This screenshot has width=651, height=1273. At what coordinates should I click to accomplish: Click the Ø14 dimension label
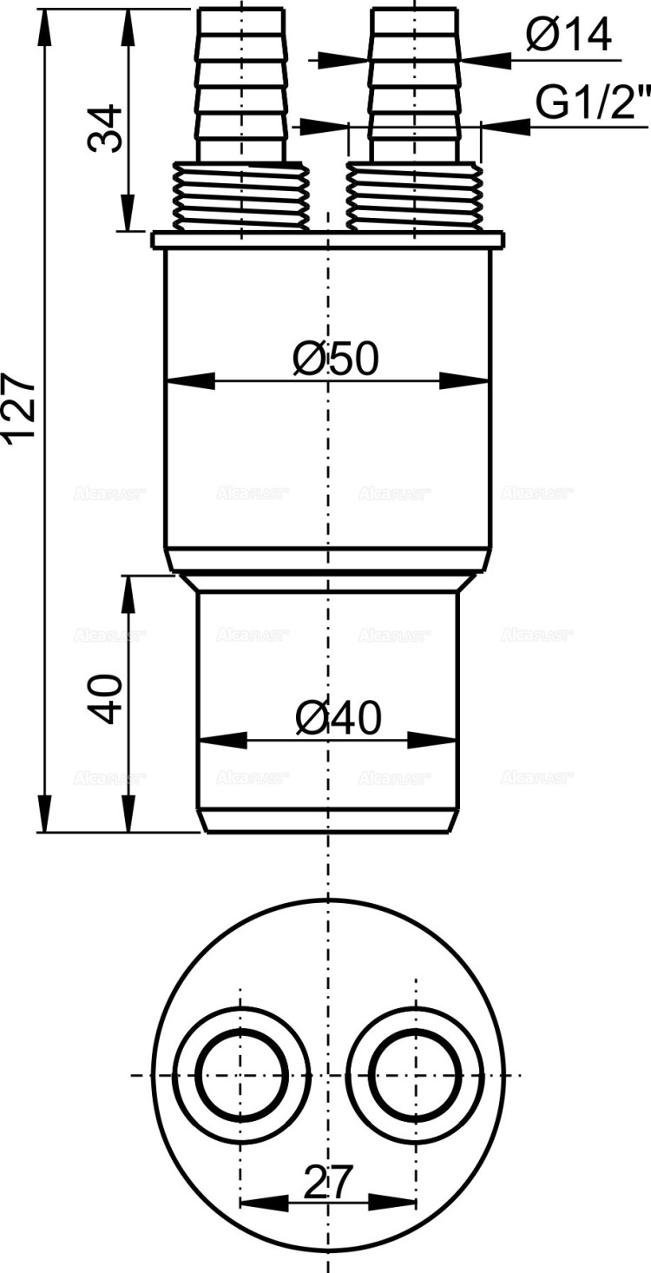point(569,35)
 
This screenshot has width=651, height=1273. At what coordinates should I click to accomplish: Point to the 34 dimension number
point(106,128)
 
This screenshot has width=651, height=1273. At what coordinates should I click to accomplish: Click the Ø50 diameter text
point(336,359)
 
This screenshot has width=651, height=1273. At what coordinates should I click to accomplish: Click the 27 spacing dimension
point(329,1182)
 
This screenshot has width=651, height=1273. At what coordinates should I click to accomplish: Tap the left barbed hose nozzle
point(240,82)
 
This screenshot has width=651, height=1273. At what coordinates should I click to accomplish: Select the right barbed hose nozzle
point(414,82)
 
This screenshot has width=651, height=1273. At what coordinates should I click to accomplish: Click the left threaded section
point(240,197)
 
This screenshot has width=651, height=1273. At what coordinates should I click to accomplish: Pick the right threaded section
point(414,197)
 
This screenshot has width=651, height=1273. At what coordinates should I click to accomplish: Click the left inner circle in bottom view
point(241,1074)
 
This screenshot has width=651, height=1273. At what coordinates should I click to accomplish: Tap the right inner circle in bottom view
point(415,1074)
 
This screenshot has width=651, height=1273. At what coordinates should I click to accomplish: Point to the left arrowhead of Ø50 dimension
point(189,381)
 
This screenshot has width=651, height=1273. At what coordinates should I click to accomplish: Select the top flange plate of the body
point(327,240)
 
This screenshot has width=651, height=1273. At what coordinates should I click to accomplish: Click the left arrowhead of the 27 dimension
point(264,1204)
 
